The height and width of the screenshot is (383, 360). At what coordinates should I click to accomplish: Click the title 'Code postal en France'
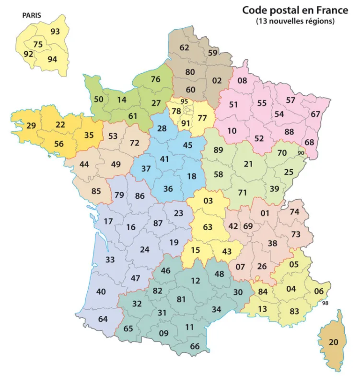pos(294,10)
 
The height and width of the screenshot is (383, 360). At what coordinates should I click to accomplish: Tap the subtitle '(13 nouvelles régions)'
pos(294,21)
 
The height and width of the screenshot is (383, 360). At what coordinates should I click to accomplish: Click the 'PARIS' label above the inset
pos(32,15)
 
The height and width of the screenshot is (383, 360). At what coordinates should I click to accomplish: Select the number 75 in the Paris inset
pos(38,45)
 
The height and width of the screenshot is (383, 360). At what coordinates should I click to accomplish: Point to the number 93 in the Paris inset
pos(55,32)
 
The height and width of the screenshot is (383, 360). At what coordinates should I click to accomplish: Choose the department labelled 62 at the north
pos(185,47)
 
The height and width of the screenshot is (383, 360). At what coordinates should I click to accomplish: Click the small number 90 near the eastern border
pos(301,153)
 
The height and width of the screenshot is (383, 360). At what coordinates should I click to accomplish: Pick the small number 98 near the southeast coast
pos(326,303)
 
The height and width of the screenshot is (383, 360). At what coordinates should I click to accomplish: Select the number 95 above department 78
pos(185,101)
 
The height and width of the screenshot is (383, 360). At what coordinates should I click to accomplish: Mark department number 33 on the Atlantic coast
pos(110,259)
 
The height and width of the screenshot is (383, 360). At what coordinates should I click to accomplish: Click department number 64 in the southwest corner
pos(103,319)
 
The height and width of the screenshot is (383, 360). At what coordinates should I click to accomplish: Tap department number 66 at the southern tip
pos(195,346)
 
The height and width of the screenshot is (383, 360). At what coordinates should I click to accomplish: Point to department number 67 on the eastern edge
pos(315,114)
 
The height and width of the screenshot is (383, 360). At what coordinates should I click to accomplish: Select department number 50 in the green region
pos(99,99)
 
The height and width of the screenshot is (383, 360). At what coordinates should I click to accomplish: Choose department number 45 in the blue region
pos(188,145)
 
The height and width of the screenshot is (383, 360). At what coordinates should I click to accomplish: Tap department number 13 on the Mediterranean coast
pos(262,309)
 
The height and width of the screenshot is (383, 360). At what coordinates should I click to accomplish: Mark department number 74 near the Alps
pos(294,212)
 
